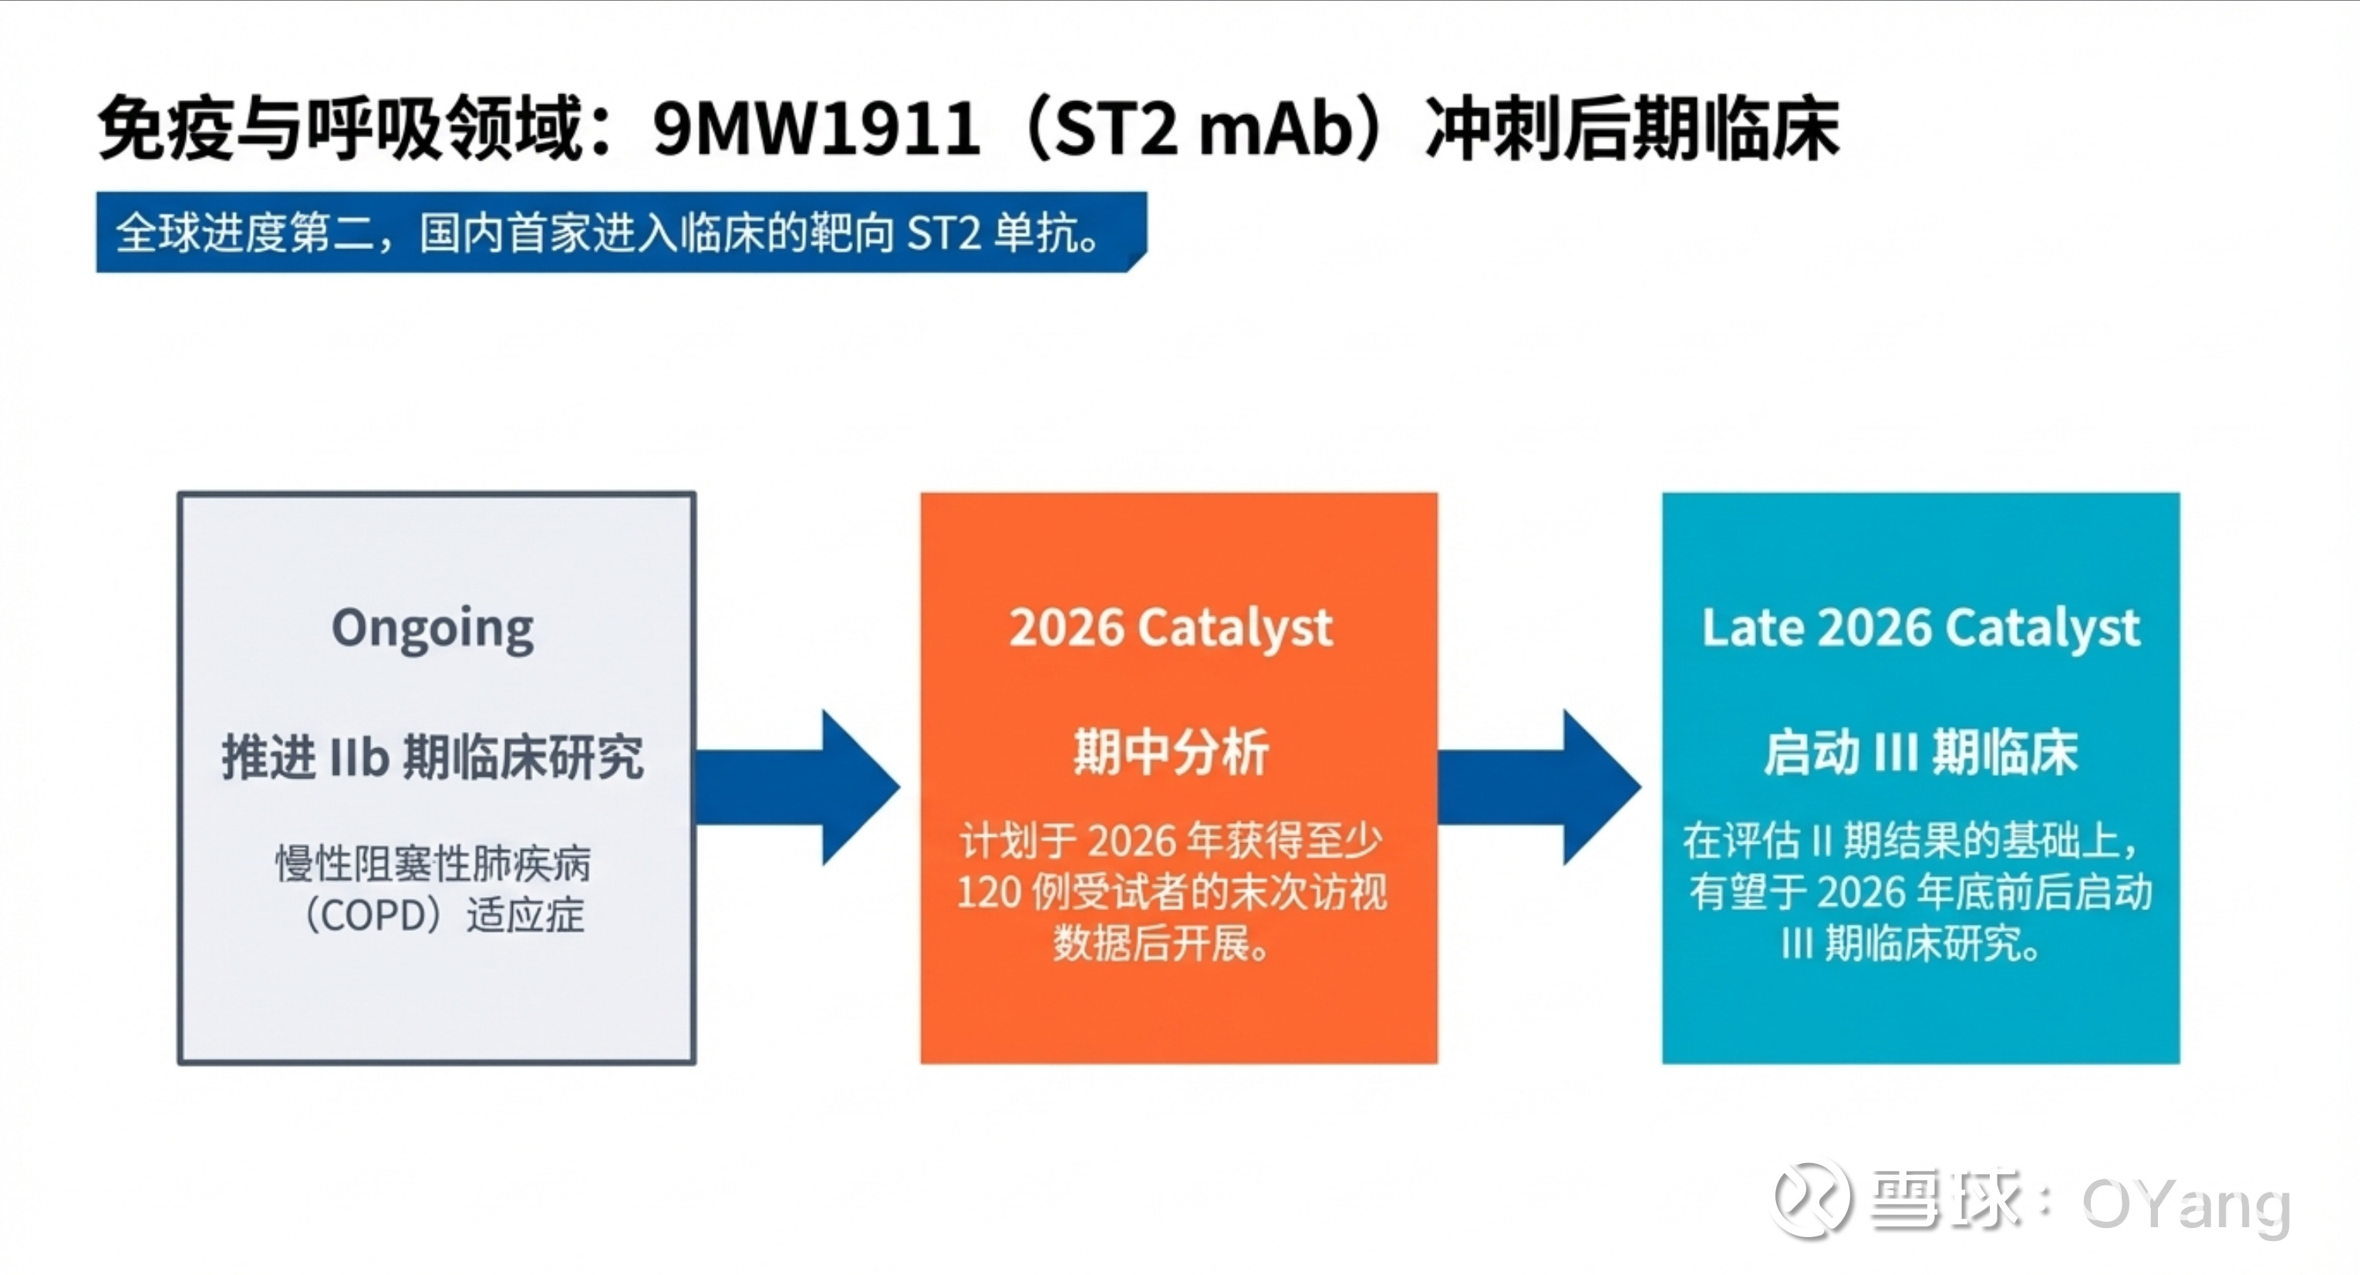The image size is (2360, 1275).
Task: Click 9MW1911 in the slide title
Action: pos(815,128)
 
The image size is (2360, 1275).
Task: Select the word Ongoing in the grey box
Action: pos(433,630)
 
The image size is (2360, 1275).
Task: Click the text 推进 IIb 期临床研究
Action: pos(433,757)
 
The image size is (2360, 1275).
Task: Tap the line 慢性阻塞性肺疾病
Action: pos(433,864)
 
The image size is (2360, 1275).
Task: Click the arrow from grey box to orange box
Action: pos(797,787)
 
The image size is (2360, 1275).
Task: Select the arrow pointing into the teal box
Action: pos(1539,787)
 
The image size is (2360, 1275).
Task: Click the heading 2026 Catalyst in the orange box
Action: pos(1171,629)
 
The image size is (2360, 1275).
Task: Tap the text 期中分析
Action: pos(1171,753)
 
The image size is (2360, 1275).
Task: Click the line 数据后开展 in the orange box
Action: pos(1161,943)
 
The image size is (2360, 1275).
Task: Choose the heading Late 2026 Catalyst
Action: pos(1921,629)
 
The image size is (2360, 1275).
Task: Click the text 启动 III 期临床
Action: pos(1921,753)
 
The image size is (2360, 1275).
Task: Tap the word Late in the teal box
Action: pos(1754,629)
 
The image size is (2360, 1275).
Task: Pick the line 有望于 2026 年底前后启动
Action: pos(1921,892)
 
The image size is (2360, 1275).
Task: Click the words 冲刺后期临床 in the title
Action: pos(1633,128)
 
